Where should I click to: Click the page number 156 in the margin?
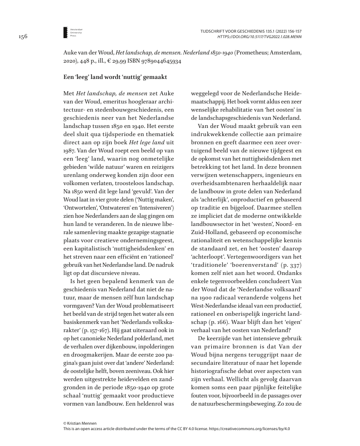coord(23,37)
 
